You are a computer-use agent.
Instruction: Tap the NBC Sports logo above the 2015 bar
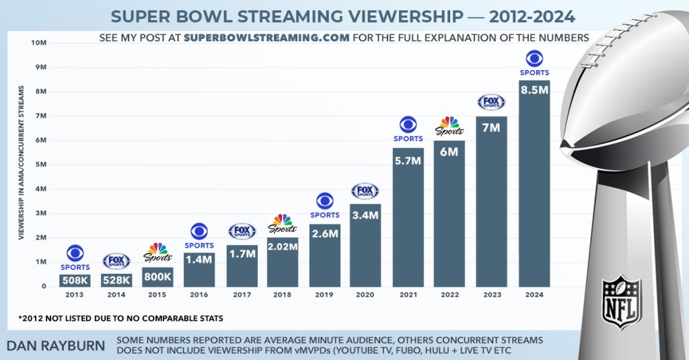(x=157, y=252)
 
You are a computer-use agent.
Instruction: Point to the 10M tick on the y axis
(x=38, y=43)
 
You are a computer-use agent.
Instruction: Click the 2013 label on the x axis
(x=75, y=294)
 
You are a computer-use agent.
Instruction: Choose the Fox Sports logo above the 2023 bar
(x=491, y=102)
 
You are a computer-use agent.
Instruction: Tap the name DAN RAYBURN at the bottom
(x=57, y=345)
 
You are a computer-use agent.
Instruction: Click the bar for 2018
(x=283, y=262)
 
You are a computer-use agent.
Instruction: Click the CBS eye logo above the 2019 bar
(x=325, y=201)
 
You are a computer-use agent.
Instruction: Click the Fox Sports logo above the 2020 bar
(x=365, y=191)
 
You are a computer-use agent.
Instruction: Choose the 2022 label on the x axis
(x=449, y=294)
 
